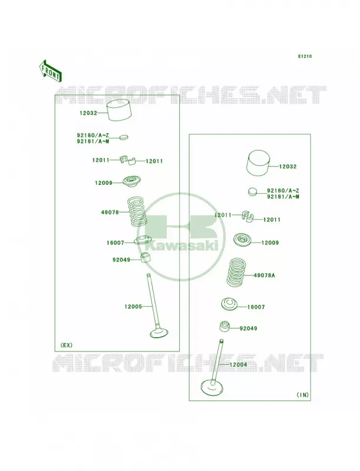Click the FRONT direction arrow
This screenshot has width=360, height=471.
50,71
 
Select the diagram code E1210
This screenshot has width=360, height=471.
305,56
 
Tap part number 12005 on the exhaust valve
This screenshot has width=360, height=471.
133,307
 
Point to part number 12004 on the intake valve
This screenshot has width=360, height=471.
238,364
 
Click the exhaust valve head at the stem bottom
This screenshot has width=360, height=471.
159,333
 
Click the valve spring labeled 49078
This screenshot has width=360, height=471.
137,211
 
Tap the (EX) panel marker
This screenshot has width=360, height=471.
67,345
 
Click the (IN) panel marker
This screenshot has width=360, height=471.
303,394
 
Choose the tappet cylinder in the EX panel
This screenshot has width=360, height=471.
119,110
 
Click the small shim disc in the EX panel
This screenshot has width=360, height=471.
123,137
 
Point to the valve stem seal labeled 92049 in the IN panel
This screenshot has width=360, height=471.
224,327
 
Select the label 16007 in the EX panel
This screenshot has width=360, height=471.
115,243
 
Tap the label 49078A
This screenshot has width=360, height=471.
264,275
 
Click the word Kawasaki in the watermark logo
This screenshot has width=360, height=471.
181,247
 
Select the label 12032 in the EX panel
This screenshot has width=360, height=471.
88,113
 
